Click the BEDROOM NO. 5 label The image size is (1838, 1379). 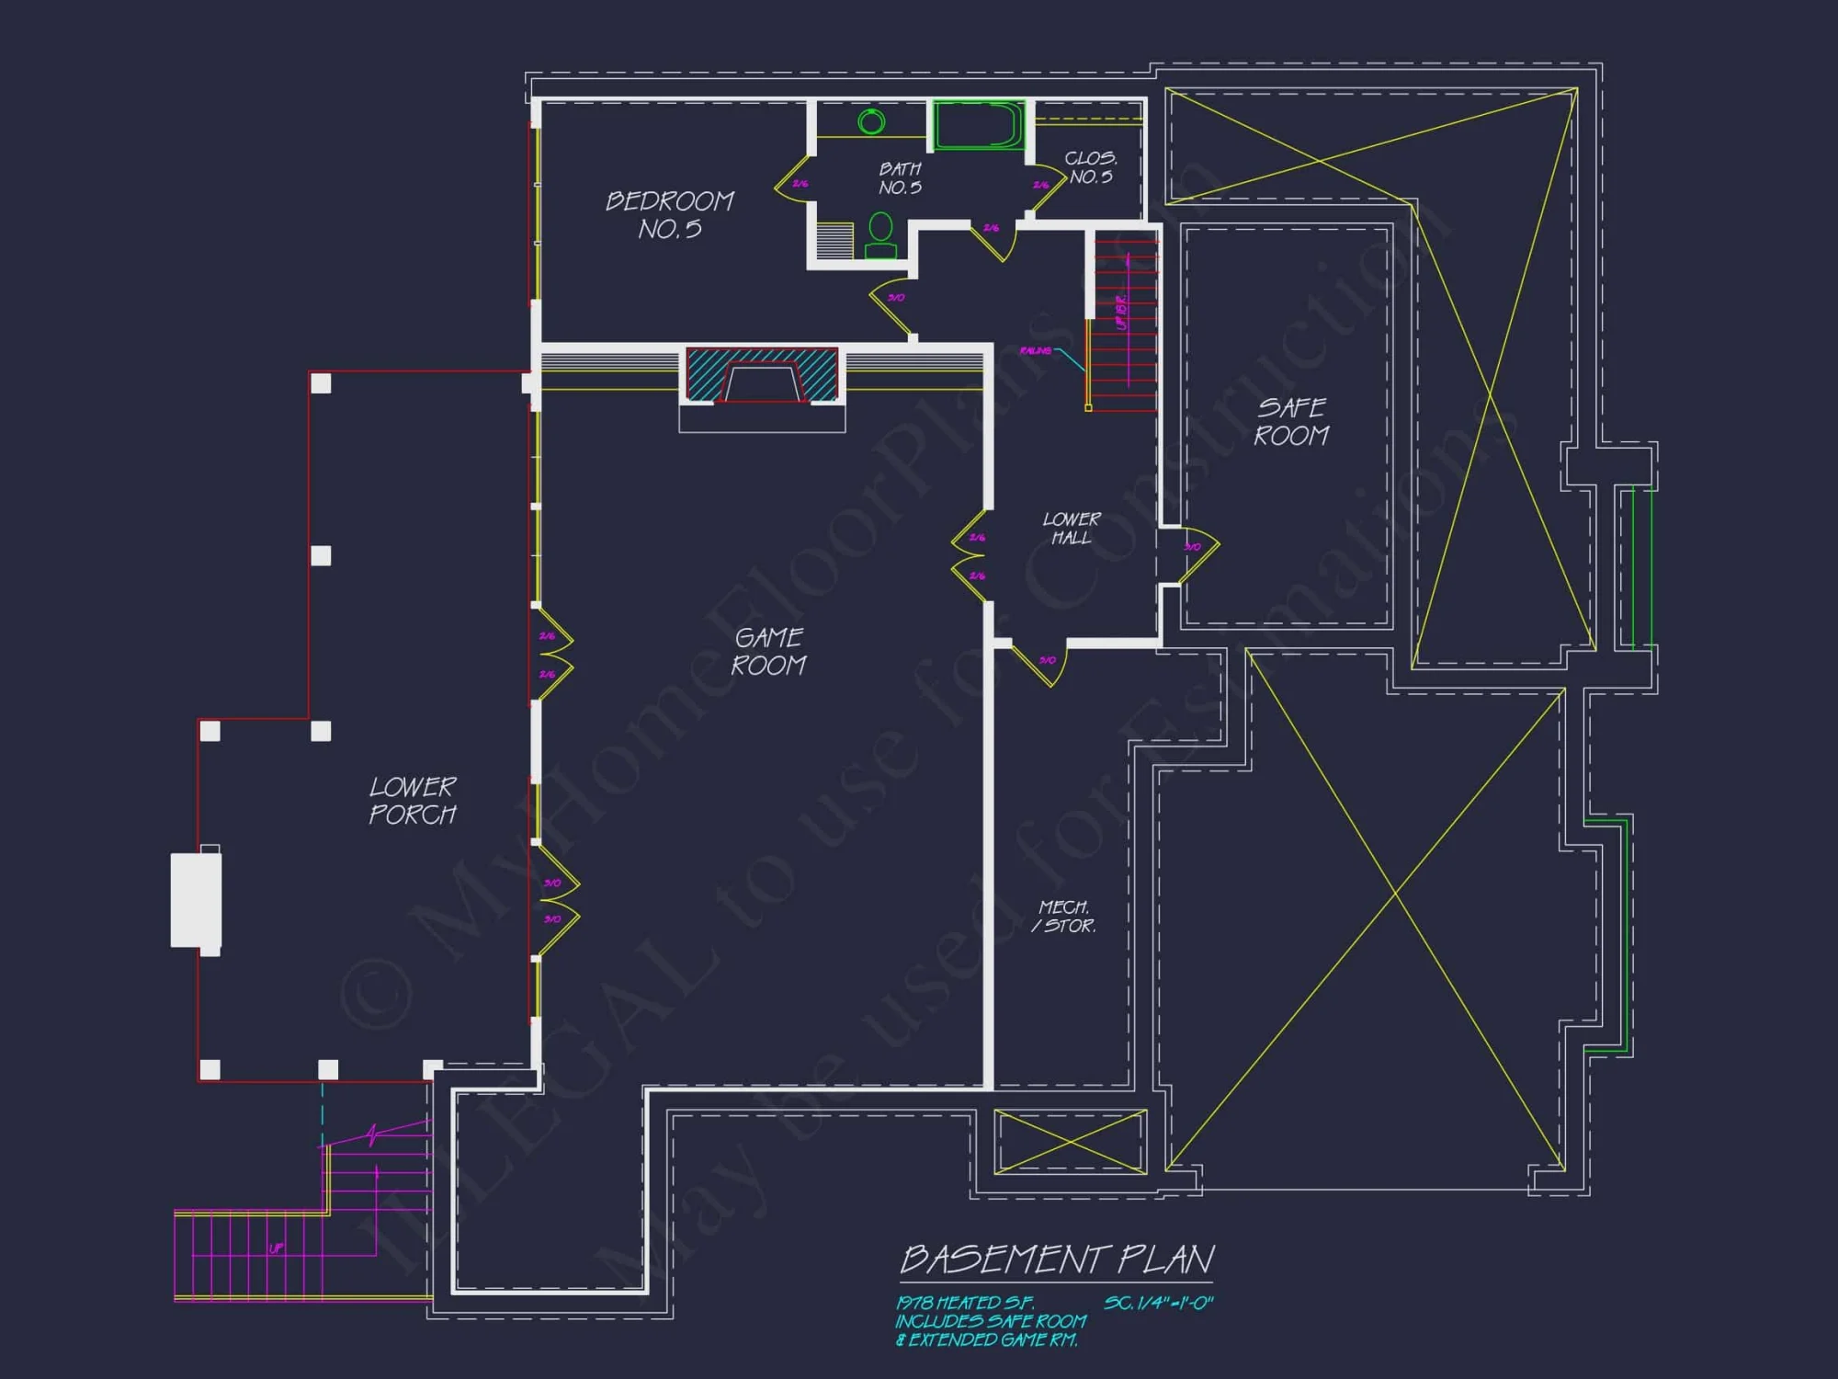[670, 214]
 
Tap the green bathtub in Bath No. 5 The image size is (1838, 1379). [979, 125]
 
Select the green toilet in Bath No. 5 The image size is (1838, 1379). [880, 235]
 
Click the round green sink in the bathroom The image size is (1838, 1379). [871, 121]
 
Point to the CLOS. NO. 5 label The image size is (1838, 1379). [1091, 167]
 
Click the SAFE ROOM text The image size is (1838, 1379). [1291, 421]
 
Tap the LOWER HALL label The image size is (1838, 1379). [1072, 528]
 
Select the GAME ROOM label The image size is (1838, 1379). [769, 651]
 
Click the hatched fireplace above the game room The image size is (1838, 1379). [762, 375]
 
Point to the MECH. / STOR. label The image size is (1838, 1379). [1064, 916]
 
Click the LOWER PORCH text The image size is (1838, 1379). [413, 800]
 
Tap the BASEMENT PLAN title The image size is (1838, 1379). [1058, 1259]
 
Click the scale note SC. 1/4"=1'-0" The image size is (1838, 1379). [1159, 1303]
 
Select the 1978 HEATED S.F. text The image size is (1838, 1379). [965, 1303]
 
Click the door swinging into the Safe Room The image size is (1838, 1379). [1197, 553]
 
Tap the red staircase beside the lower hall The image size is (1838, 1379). [1124, 322]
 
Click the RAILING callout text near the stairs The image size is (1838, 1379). [1035, 350]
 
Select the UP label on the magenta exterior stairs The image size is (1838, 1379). [277, 1248]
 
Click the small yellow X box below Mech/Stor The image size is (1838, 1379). [1071, 1142]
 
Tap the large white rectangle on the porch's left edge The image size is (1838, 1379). [196, 900]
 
